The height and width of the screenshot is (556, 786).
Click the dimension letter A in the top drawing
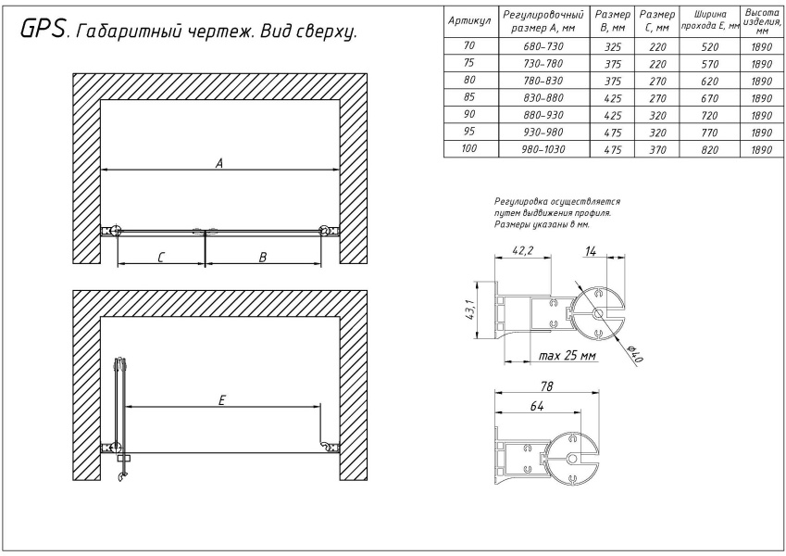(x=219, y=162)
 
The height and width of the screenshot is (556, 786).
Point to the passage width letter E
(x=222, y=399)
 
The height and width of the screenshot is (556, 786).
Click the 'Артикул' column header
(x=468, y=20)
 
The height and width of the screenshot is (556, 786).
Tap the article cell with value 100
(x=468, y=149)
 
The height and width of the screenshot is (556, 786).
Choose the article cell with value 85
(x=468, y=96)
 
